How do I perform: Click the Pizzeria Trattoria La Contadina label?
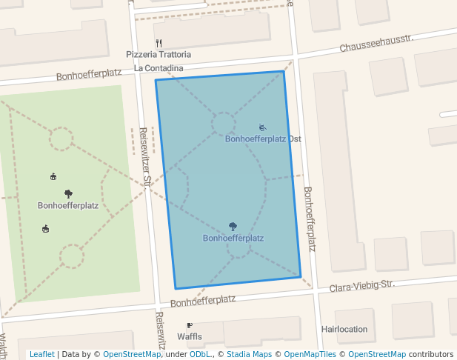pyautogui.click(x=159, y=61)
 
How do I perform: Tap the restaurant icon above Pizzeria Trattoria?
pyautogui.click(x=159, y=43)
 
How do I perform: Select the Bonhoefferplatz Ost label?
pyautogui.click(x=263, y=139)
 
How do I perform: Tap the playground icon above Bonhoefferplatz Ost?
pyautogui.click(x=262, y=127)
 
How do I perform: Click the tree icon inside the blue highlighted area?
pyautogui.click(x=233, y=227)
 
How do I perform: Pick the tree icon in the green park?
pyautogui.click(x=68, y=194)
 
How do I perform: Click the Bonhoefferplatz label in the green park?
pyautogui.click(x=68, y=205)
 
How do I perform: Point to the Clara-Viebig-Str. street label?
pyautogui.click(x=362, y=286)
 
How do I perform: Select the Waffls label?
pyautogui.click(x=190, y=336)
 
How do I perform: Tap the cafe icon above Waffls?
pyautogui.click(x=190, y=325)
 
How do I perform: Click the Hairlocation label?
pyautogui.click(x=344, y=329)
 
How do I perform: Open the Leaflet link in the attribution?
pyautogui.click(x=42, y=354)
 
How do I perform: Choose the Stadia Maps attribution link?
pyautogui.click(x=248, y=354)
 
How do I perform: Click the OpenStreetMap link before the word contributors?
pyautogui.click(x=377, y=354)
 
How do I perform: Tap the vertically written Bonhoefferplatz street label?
pyautogui.click(x=310, y=219)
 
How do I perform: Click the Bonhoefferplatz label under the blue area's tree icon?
pyautogui.click(x=233, y=239)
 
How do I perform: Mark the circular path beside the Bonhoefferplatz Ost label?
pyautogui.click(x=223, y=124)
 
